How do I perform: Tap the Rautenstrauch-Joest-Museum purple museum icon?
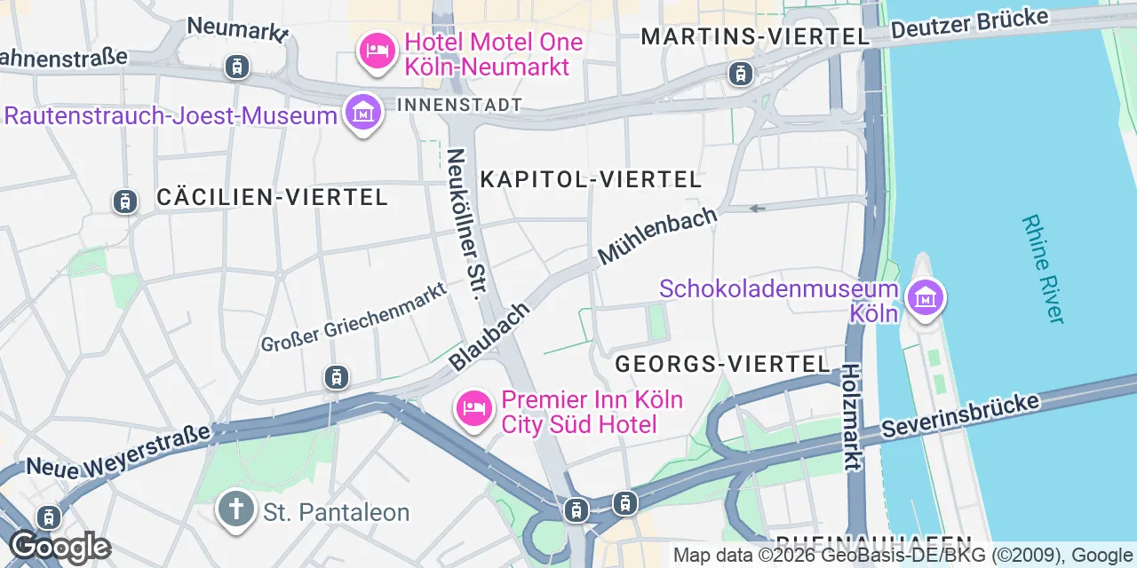point(362,113)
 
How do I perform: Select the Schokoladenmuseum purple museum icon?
point(925,296)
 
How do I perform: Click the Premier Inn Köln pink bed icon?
point(474,408)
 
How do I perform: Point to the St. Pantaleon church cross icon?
point(235,510)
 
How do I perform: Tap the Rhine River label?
point(1043,268)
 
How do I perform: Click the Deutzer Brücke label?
point(969,24)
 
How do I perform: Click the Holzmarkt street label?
point(852,417)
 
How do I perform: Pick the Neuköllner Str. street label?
point(468,223)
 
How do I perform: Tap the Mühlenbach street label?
point(656,235)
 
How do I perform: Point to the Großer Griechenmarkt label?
point(353,321)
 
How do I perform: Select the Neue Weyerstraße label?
point(118,450)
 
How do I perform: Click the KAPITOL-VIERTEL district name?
point(591,179)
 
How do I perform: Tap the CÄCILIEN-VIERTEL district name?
point(272,197)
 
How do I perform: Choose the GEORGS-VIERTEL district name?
point(722,364)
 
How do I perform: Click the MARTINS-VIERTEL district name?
point(754,36)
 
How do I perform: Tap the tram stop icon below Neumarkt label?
point(237,67)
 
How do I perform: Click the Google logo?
point(60,547)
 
